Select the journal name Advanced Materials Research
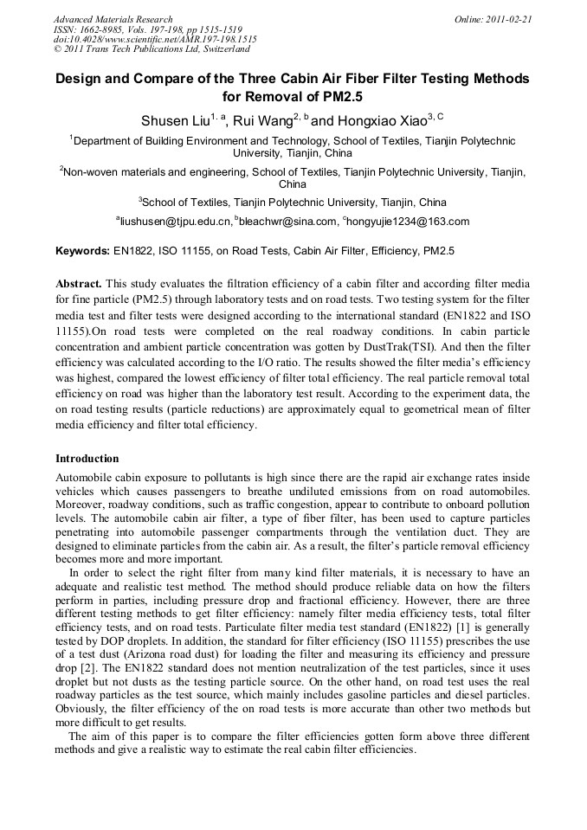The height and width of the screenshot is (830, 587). click(x=113, y=19)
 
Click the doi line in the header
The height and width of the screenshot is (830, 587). click(x=154, y=40)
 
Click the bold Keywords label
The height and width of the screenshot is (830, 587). click(x=82, y=251)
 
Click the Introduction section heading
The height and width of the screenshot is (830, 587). click(x=87, y=459)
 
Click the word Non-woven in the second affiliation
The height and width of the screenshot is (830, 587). click(x=90, y=172)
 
